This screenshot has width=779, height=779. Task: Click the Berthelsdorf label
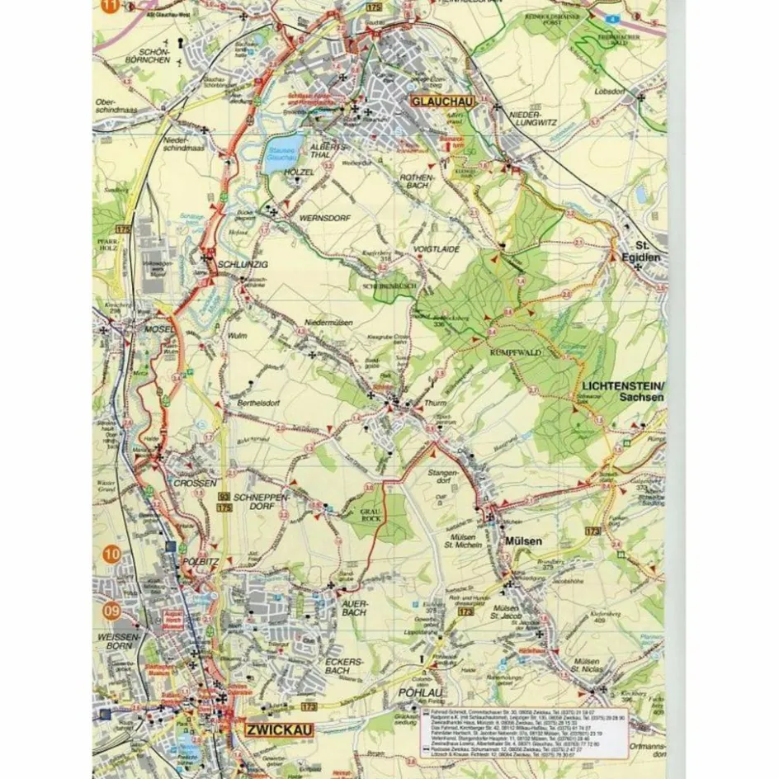(263, 394)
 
